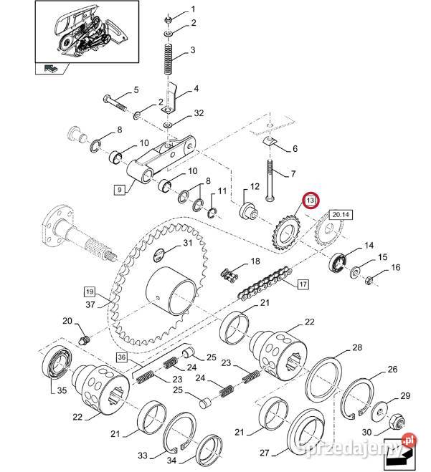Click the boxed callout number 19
(x=89, y=292)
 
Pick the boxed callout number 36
(x=121, y=357)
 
